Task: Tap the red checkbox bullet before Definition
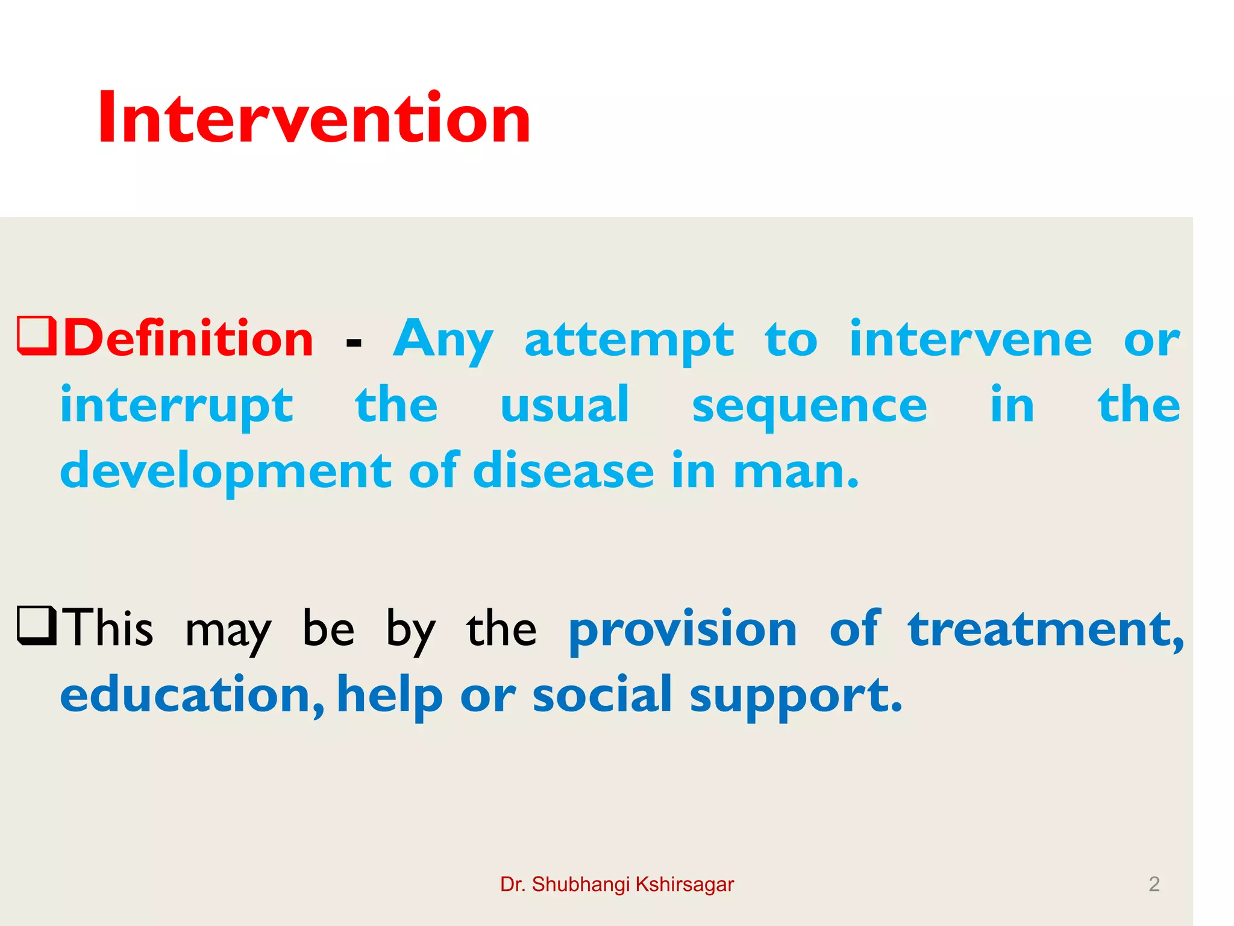point(37,335)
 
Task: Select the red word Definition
point(189,339)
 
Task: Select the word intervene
point(970,339)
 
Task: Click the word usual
point(565,405)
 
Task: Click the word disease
point(563,471)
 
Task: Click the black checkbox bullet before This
point(37,626)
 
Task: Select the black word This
point(109,628)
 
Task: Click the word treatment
point(1044,629)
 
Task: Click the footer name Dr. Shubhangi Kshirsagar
point(617,884)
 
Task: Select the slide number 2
point(1154,884)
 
